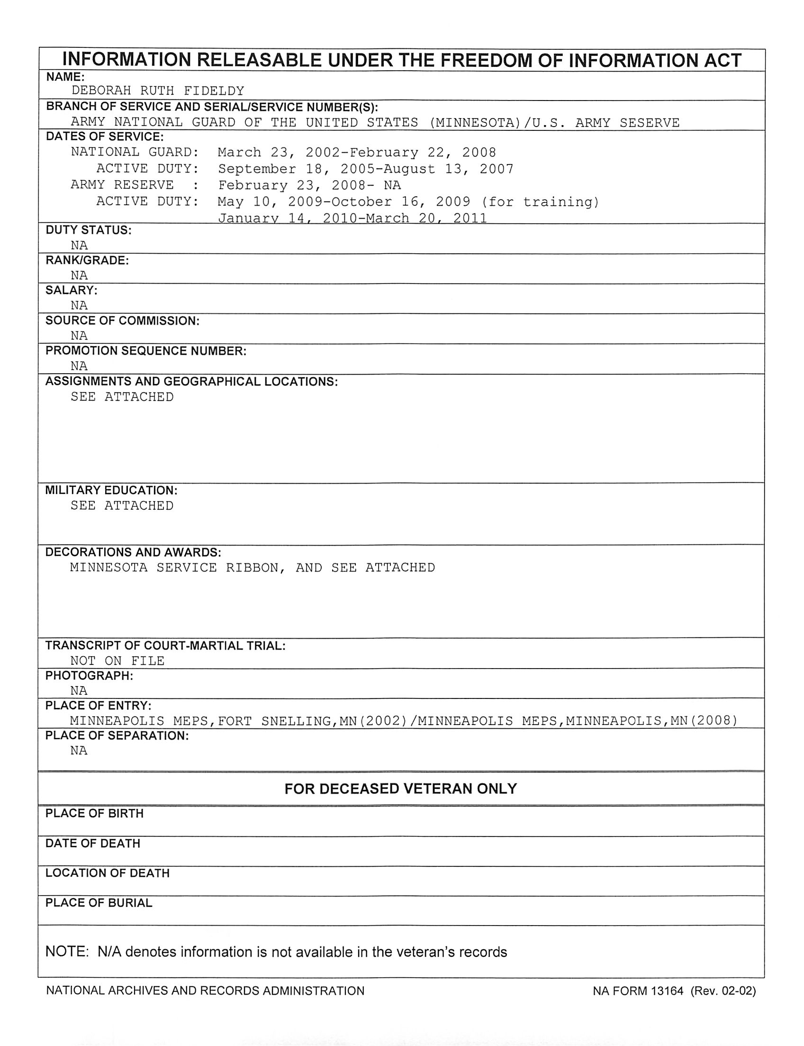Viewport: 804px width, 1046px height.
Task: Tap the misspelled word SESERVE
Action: pyautogui.click(x=650, y=123)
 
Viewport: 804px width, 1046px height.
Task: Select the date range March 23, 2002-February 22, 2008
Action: pyautogui.click(x=357, y=152)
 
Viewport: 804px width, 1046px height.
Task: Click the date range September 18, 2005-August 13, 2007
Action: pyautogui.click(x=366, y=169)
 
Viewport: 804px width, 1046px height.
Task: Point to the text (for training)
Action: pyautogui.click(x=540, y=202)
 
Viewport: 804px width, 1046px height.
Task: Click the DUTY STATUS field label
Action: pyautogui.click(x=89, y=230)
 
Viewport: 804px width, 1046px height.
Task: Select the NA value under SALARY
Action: pyautogui.click(x=79, y=305)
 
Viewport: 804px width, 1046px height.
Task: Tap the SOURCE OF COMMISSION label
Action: pyautogui.click(x=122, y=321)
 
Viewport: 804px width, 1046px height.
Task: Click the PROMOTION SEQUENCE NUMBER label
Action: pyautogui.click(x=146, y=350)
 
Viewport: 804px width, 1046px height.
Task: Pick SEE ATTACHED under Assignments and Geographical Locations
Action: pyautogui.click(x=122, y=396)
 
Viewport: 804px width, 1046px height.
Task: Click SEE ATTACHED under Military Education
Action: pyautogui.click(x=122, y=505)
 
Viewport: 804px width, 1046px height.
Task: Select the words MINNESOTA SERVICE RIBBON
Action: pyautogui.click(x=178, y=568)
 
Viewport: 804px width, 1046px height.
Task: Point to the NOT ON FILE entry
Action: pyautogui.click(x=117, y=661)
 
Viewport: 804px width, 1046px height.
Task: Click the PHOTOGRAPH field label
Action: pyautogui.click(x=89, y=676)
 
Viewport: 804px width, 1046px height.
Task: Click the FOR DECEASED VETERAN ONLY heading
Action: pyautogui.click(x=400, y=789)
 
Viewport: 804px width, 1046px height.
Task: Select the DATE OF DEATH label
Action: pyautogui.click(x=93, y=843)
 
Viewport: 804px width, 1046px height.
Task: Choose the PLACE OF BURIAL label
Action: pyautogui.click(x=99, y=903)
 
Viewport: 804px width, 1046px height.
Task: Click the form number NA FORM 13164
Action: pyautogui.click(x=637, y=991)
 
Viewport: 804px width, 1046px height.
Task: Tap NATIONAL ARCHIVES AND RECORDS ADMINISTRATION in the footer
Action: pyautogui.click(x=205, y=991)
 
